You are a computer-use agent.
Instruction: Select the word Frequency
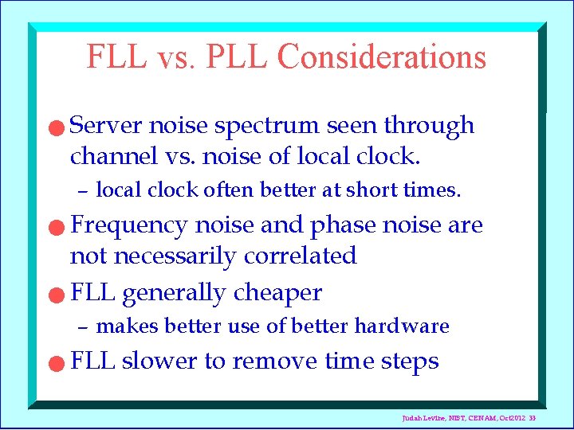129,226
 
